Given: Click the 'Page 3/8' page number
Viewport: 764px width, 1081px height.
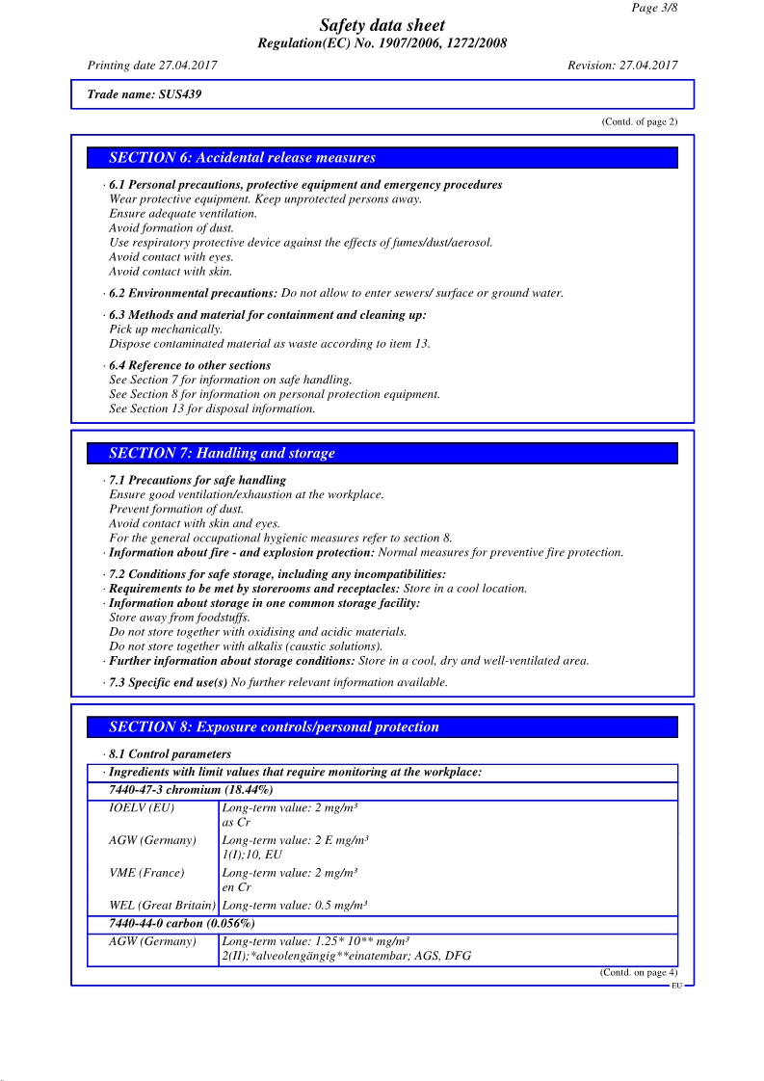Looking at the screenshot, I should point(656,8).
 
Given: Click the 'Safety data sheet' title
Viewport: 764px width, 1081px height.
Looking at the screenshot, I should point(382,26).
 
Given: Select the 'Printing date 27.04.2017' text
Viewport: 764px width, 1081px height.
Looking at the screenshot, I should point(152,66).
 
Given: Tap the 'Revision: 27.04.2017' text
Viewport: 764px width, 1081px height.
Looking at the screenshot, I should point(622,66).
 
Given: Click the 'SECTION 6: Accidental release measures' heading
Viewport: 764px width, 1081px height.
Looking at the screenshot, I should point(242,158).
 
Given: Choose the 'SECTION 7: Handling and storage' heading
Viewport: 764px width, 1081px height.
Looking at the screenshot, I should point(222,454).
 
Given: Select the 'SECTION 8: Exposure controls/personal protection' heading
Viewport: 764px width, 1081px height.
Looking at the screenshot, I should point(274,727).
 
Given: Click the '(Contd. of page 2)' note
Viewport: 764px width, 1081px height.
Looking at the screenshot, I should point(640,121).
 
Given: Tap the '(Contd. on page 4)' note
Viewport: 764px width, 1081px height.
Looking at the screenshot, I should point(639,973).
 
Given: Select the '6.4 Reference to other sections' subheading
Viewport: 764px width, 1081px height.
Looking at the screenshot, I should point(190,365).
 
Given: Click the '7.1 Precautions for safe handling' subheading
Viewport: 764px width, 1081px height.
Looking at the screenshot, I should point(198,480).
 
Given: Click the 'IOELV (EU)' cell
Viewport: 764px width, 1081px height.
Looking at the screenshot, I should point(142,807).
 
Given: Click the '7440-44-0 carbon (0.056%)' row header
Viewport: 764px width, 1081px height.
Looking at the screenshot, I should point(182,924).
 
